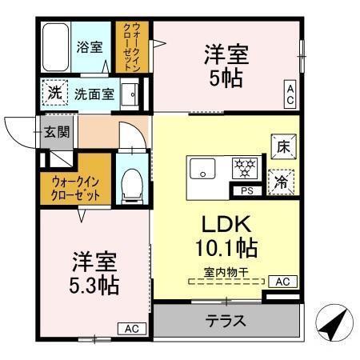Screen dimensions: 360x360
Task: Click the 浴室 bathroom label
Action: pyautogui.click(x=90, y=46)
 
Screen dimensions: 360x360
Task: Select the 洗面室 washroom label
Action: pyautogui.click(x=94, y=94)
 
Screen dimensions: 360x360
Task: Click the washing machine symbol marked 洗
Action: pyautogui.click(x=54, y=93)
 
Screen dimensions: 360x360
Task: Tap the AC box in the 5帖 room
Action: pyautogui.click(x=290, y=95)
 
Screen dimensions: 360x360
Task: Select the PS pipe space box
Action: pyautogui.click(x=246, y=190)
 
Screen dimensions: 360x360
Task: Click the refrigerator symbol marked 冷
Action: pyautogui.click(x=282, y=182)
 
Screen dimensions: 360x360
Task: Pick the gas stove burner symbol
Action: pyautogui.click(x=244, y=168)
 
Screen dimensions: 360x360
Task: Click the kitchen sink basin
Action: pyautogui.click(x=202, y=170)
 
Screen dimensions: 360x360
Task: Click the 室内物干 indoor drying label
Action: pyautogui.click(x=226, y=271)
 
